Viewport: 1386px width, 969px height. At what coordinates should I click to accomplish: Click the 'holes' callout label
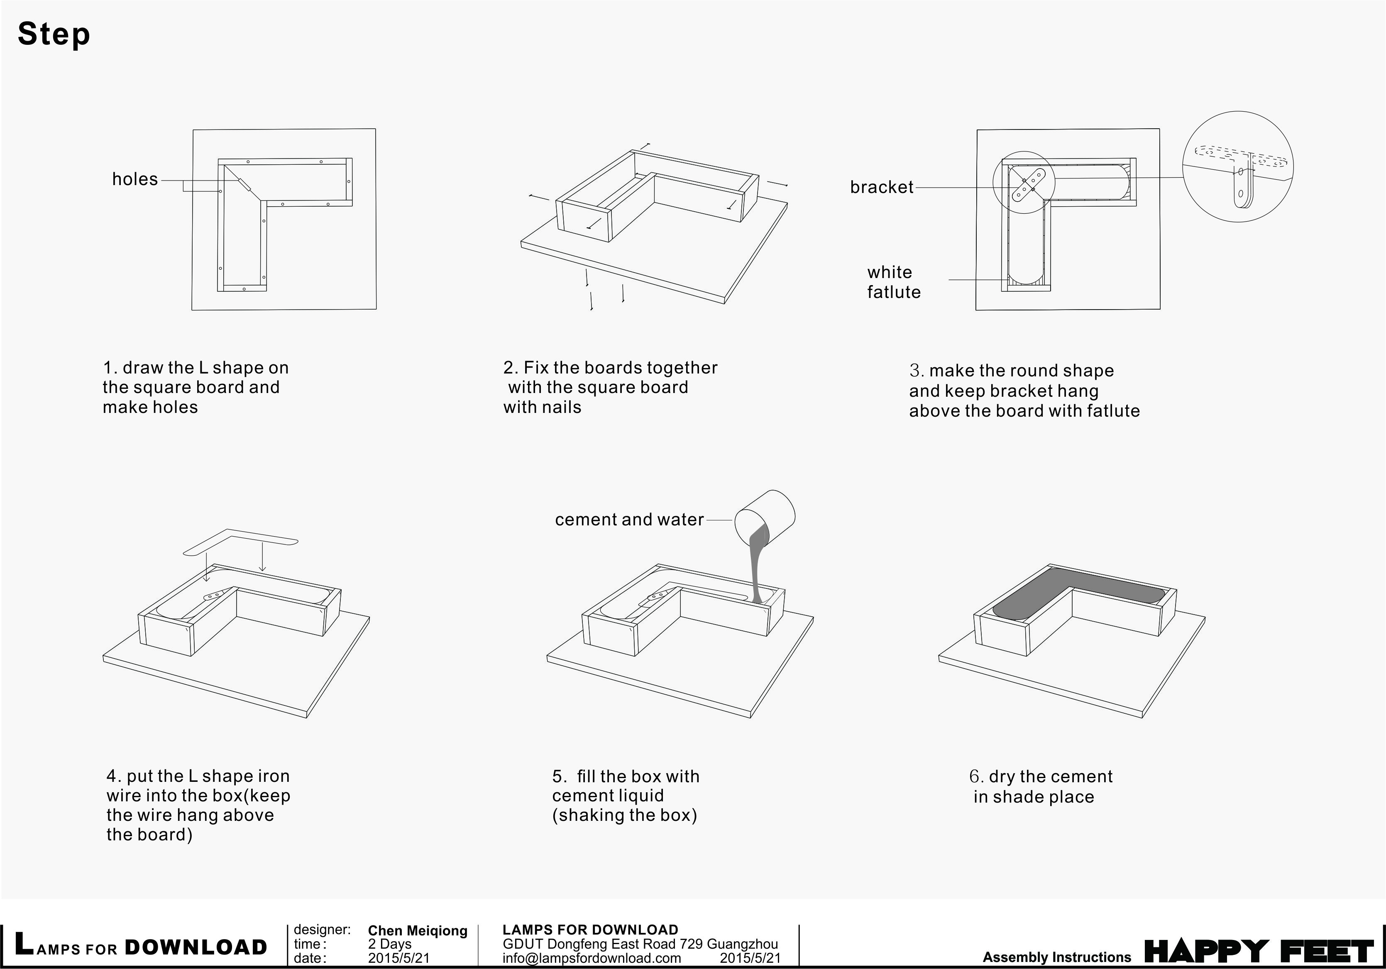tap(134, 179)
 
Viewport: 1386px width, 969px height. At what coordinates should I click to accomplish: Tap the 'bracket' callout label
tap(881, 187)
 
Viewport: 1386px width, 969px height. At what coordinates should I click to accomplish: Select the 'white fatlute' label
tap(893, 282)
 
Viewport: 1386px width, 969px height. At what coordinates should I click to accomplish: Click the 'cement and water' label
tap(629, 520)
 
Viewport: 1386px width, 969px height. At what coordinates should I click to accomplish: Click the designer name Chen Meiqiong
tap(417, 931)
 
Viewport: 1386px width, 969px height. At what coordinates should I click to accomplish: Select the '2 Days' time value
tap(389, 944)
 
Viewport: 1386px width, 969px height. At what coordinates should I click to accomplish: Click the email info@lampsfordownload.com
tap(591, 957)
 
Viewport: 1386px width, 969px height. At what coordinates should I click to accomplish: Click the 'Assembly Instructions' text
tap(1056, 957)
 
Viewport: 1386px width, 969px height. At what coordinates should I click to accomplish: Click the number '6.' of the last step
tap(976, 776)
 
